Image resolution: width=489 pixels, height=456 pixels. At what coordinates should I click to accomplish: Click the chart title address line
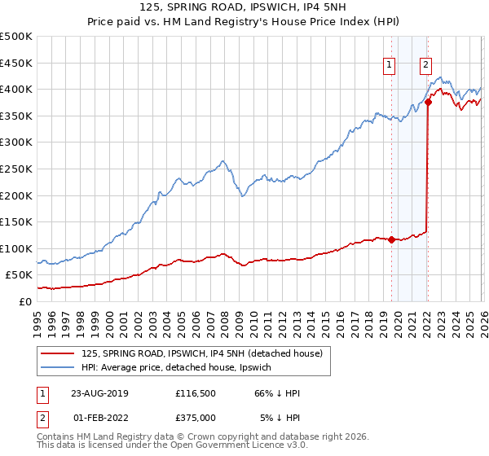(x=244, y=8)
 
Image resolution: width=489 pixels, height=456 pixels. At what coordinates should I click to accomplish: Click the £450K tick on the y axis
(x=16, y=63)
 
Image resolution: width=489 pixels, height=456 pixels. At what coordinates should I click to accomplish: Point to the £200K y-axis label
(x=16, y=195)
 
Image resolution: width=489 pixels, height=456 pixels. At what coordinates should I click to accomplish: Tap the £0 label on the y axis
(x=26, y=301)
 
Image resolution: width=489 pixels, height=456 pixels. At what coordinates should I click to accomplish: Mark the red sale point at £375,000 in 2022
(x=428, y=103)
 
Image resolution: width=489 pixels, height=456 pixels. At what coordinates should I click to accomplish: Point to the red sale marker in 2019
(x=391, y=239)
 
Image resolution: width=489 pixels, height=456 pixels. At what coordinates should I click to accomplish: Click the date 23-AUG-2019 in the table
(x=99, y=393)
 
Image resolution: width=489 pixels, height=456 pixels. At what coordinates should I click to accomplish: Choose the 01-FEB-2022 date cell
(x=99, y=417)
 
